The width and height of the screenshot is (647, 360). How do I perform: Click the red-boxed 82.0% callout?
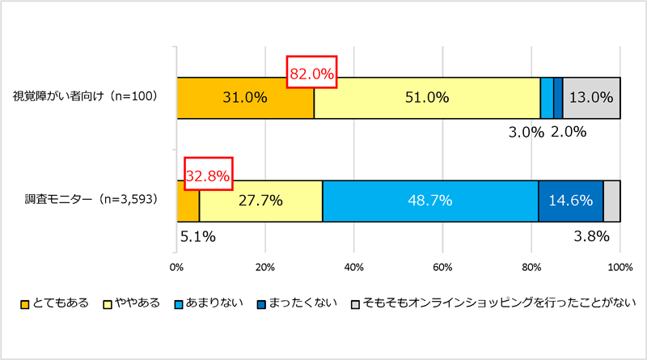click(311, 74)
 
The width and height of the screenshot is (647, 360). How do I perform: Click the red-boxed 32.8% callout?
click(209, 174)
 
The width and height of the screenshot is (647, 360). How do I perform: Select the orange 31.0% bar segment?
click(245, 98)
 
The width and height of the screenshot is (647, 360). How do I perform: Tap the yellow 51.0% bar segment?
click(426, 98)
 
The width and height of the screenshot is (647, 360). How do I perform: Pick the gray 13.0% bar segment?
click(591, 98)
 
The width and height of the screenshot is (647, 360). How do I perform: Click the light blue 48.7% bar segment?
click(430, 201)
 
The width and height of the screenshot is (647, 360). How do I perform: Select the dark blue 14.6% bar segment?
click(570, 201)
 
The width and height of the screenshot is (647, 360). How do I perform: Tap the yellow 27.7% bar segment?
click(260, 201)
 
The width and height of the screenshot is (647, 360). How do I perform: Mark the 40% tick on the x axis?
click(353, 266)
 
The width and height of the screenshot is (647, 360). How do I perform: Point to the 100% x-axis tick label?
click(620, 266)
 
